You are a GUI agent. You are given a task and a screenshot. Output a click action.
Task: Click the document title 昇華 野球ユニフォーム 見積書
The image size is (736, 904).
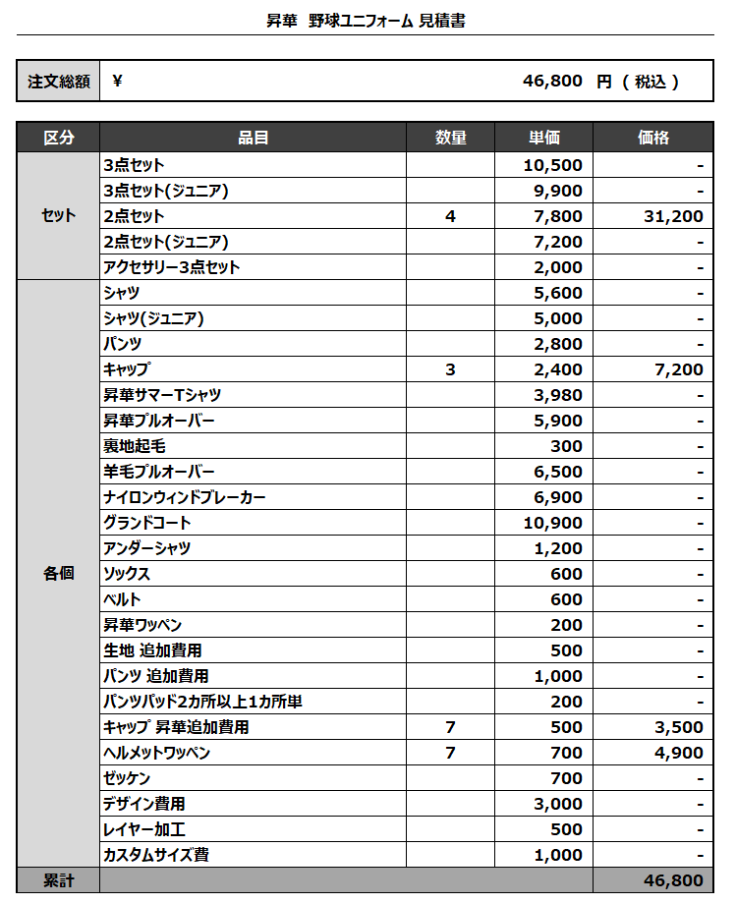click(x=366, y=20)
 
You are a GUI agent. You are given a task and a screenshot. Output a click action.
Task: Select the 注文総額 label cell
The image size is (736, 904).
click(x=59, y=82)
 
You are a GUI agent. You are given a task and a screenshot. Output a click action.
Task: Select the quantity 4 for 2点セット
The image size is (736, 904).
click(x=450, y=216)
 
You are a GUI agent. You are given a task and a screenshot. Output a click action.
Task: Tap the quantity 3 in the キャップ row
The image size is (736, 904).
click(x=450, y=369)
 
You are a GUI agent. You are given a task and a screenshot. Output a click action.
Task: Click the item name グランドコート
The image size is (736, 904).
click(x=147, y=523)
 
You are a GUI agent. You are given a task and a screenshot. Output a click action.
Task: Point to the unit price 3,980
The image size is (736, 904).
click(x=557, y=395)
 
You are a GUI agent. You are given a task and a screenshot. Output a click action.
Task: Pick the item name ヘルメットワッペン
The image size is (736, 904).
click(x=157, y=753)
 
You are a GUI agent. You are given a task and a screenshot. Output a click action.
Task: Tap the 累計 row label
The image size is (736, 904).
click(x=59, y=880)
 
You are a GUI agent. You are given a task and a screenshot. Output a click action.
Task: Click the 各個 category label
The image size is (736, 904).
click(x=59, y=574)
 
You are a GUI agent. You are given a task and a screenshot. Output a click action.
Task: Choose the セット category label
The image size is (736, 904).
click(x=59, y=216)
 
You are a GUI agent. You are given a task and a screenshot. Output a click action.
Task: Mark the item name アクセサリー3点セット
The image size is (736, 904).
click(x=172, y=267)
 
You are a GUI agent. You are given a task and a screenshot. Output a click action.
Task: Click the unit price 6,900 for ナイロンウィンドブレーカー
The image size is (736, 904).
click(x=557, y=497)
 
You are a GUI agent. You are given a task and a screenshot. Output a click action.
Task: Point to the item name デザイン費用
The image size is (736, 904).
click(x=144, y=804)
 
